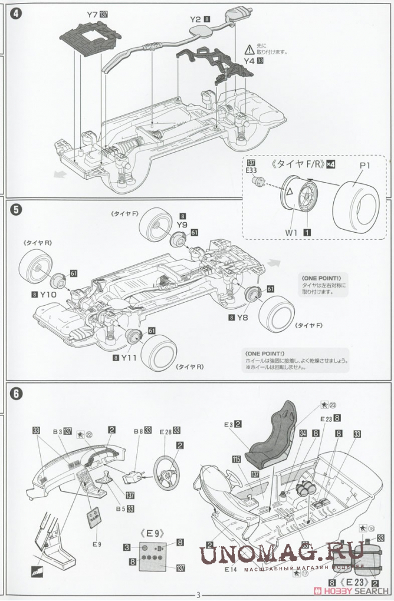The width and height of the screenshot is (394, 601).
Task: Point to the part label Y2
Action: click(196, 19)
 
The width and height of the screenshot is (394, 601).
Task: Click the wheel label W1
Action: click(291, 232)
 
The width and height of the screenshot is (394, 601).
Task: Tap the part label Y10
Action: click(48, 294)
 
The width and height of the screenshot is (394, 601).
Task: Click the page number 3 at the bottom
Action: click(198, 594)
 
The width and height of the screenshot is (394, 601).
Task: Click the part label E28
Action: click(165, 431)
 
